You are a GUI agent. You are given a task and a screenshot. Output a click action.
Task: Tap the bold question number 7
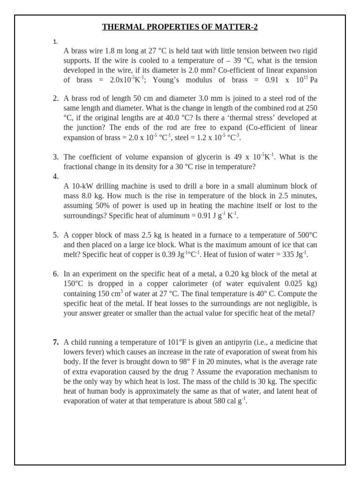tap(55, 342)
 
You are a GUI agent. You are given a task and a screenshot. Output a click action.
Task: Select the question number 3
tap(55, 157)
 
